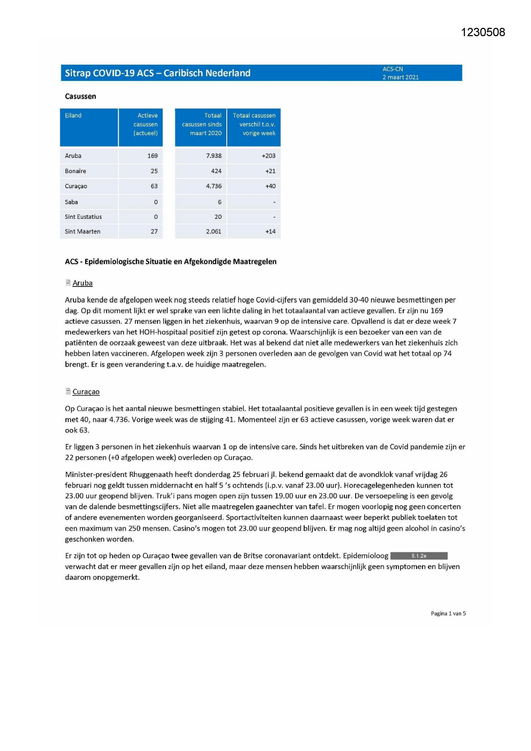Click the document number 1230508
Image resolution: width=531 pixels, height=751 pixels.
point(483,33)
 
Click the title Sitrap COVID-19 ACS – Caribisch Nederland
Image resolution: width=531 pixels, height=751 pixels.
point(157,73)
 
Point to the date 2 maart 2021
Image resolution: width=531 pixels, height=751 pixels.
point(400,77)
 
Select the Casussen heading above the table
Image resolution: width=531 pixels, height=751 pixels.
point(80,96)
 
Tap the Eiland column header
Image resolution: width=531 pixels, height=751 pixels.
point(73,116)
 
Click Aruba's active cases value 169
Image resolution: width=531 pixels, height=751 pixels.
point(152,156)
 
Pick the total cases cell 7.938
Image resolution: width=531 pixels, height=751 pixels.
point(214,156)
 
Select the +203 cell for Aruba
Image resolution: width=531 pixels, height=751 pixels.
point(269,156)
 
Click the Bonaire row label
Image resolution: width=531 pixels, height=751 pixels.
point(75,171)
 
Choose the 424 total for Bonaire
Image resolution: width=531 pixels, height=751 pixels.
point(216,171)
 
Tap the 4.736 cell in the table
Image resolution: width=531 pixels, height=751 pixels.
point(214,186)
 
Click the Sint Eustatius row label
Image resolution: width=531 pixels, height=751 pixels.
point(83,217)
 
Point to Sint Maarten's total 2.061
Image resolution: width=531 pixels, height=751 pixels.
point(214,232)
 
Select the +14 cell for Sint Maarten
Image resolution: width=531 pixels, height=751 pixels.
point(270,232)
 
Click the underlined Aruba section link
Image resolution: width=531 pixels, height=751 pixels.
point(83,283)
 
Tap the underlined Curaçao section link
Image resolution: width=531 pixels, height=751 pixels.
point(86,392)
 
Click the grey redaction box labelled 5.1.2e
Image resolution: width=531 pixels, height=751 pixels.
point(419,556)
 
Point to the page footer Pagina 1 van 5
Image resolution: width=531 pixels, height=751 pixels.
point(448,614)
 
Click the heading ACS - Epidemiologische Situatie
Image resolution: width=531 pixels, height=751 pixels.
point(171,262)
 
